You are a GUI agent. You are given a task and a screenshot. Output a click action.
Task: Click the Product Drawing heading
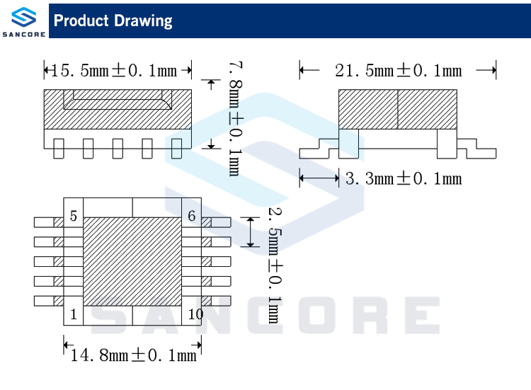(x=113, y=21)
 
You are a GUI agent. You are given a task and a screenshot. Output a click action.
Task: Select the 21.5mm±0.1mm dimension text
(x=398, y=70)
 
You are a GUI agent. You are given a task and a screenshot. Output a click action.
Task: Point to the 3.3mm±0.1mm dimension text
(x=404, y=178)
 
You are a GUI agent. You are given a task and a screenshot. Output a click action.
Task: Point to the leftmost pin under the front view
(x=59, y=148)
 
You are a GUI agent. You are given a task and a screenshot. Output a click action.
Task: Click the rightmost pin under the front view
(x=177, y=148)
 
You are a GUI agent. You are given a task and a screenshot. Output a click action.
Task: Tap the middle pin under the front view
(x=118, y=148)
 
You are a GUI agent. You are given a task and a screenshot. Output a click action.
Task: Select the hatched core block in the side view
(x=397, y=109)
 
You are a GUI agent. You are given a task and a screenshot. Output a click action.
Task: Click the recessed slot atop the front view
(x=118, y=103)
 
